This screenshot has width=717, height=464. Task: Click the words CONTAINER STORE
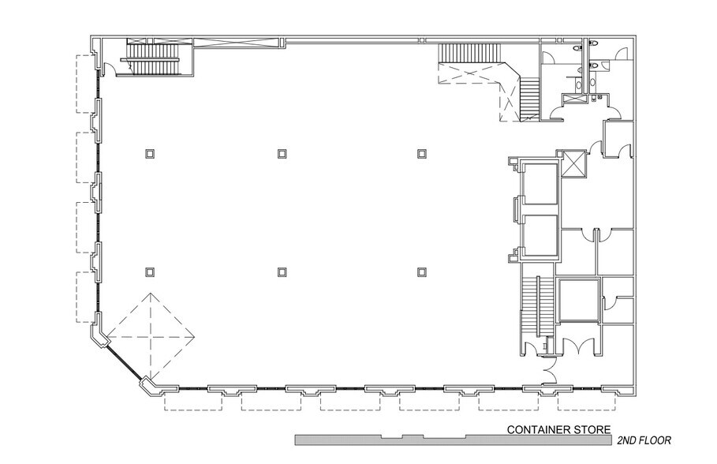[557, 430]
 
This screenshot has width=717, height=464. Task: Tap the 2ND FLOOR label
[643, 440]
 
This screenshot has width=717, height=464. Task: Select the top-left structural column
[148, 153]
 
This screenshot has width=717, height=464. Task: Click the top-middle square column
[282, 153]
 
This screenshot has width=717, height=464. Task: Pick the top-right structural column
[422, 153]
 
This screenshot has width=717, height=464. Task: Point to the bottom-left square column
[148, 272]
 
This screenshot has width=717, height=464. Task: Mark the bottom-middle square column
[282, 272]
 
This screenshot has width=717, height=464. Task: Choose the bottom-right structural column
[422, 272]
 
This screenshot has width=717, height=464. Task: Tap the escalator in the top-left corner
[153, 58]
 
